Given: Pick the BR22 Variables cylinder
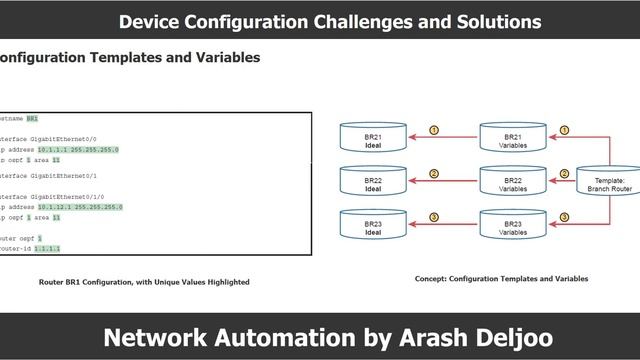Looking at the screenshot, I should [x=512, y=182].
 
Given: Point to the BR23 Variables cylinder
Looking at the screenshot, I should [x=512, y=223].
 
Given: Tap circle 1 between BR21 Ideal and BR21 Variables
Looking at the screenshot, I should [x=434, y=130].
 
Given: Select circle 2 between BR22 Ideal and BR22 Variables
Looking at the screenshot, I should [x=434, y=173].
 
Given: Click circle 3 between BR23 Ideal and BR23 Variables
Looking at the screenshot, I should [x=434, y=216].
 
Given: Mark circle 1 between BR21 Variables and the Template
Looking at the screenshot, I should [x=565, y=130].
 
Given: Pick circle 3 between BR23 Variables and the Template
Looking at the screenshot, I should [x=565, y=216].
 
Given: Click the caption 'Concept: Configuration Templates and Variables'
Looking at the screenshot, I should [x=501, y=279].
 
